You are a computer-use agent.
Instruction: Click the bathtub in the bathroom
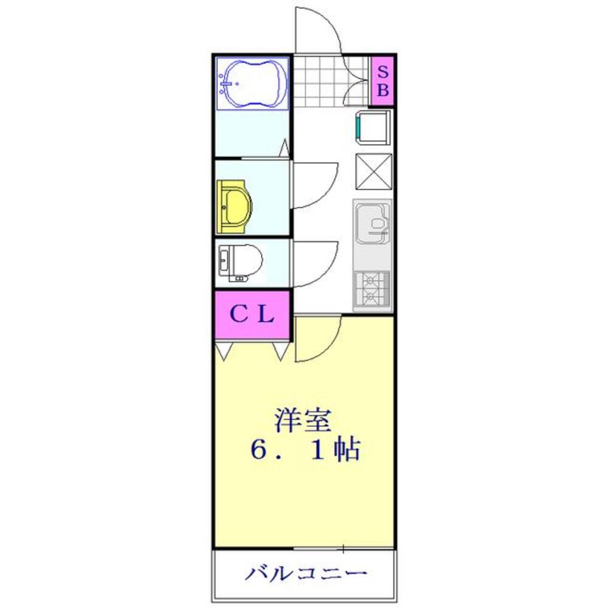click(x=252, y=84)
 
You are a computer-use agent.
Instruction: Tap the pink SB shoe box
click(x=382, y=80)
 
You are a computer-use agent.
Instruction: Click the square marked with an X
click(x=373, y=171)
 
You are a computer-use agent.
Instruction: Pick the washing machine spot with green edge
click(x=372, y=128)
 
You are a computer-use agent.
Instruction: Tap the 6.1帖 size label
click(x=304, y=451)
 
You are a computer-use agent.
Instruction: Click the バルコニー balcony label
click(x=306, y=573)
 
